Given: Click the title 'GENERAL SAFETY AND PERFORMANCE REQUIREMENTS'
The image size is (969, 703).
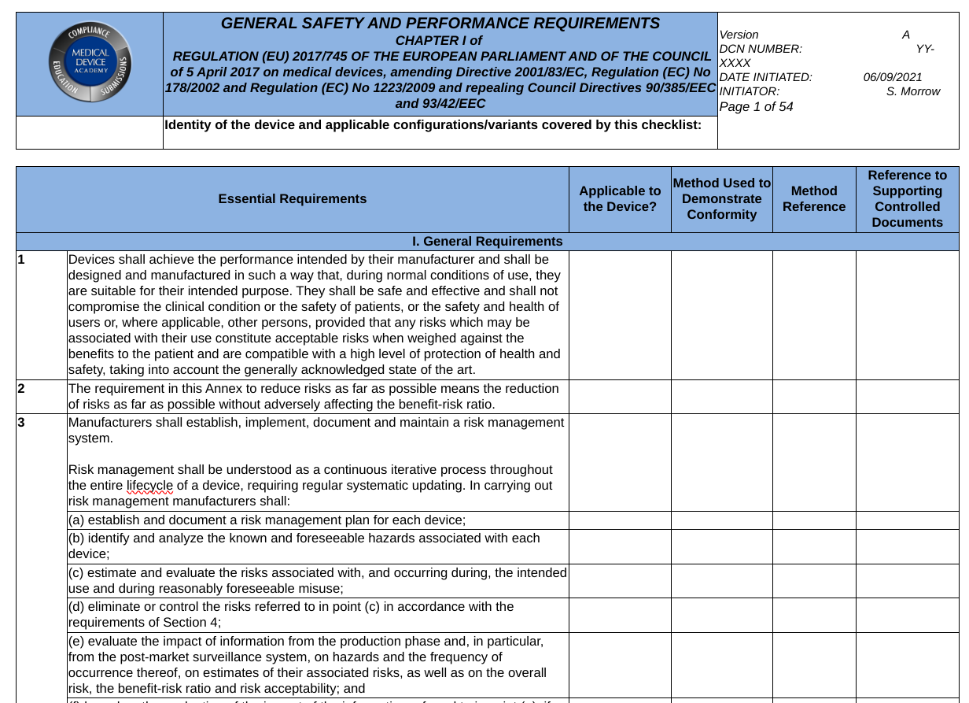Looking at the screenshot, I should (440, 24).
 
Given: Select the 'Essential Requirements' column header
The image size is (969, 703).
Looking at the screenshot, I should (292, 199).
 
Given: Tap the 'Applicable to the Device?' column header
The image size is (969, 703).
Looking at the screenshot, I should (620, 199).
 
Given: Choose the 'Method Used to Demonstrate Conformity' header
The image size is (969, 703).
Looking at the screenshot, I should (721, 199).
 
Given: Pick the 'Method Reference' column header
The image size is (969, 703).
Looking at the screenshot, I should (813, 199).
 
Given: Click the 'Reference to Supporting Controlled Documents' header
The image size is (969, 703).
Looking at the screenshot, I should (907, 199).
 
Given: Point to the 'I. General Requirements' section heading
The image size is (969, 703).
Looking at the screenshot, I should (487, 242).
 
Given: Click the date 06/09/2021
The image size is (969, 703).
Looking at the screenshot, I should (892, 77).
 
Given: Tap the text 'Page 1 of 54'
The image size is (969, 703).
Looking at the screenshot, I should (756, 106).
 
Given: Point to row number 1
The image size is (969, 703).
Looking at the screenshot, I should (22, 259).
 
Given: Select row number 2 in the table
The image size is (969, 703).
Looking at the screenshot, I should (22, 389).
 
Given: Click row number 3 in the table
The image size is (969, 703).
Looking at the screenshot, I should (22, 423).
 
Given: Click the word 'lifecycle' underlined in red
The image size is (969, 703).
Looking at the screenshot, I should (149, 486).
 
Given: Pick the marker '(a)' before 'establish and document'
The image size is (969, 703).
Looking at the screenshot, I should (76, 520).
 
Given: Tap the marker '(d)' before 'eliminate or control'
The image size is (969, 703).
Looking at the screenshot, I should (76, 607).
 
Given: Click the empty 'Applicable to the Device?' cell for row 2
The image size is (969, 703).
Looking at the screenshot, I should (620, 397).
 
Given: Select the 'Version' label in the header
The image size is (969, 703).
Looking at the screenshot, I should (739, 35).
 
